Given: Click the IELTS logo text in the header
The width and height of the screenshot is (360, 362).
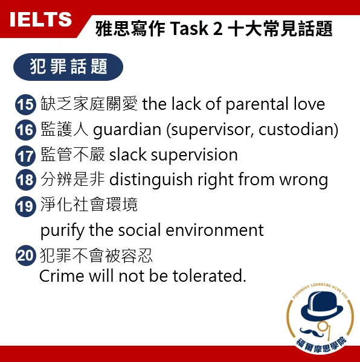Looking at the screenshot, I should click(41, 19).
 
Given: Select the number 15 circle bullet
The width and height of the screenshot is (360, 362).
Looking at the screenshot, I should click(26, 104).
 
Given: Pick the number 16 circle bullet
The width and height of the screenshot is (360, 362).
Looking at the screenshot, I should click(26, 130).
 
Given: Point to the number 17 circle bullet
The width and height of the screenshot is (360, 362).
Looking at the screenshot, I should click(26, 155).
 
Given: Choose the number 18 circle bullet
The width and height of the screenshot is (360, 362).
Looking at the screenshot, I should click(26, 180).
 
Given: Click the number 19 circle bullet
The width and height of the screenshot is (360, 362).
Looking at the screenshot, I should click(26, 206).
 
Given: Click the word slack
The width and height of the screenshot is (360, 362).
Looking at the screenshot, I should click(127, 155).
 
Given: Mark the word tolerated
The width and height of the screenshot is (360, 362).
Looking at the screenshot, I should click(211, 276).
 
